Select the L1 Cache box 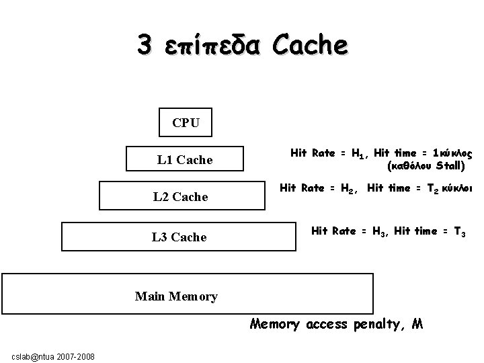184,160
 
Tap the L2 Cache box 180,196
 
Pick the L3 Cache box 179,237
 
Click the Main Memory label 176,296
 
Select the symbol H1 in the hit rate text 358,155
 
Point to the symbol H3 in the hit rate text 379,232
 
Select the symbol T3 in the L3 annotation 459,232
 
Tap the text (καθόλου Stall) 426,165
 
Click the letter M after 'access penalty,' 417,324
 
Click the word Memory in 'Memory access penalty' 274,325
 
